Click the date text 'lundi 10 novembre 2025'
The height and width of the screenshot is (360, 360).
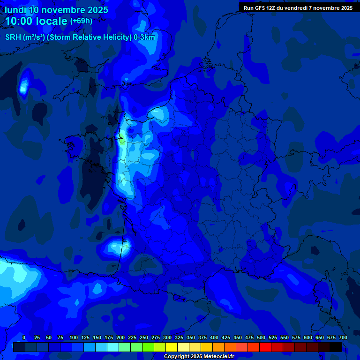point(56,10)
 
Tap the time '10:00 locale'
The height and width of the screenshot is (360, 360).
point(37,21)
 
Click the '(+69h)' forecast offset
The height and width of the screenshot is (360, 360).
point(81,21)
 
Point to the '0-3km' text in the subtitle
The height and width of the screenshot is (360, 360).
point(144,37)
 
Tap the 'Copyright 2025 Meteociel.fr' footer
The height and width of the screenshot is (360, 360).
point(198,357)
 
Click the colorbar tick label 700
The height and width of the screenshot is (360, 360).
point(343,337)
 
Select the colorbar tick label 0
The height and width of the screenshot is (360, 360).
point(24,337)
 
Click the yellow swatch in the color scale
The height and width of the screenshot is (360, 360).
point(171,347)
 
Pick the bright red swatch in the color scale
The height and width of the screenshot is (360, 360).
point(265,347)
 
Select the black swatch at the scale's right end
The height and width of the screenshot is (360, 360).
point(335,347)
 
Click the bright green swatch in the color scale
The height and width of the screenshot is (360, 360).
point(148,347)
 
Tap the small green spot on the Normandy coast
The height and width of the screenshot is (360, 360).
point(121,139)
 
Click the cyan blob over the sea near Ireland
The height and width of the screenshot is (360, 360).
point(23,85)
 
